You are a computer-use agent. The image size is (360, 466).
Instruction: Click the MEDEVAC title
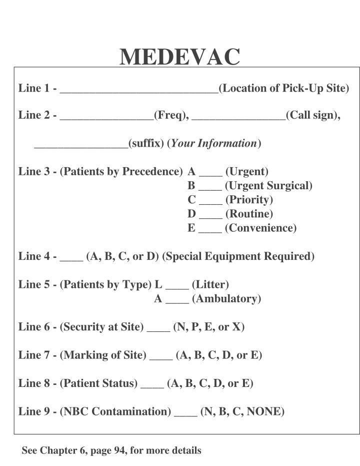tap(180, 57)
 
